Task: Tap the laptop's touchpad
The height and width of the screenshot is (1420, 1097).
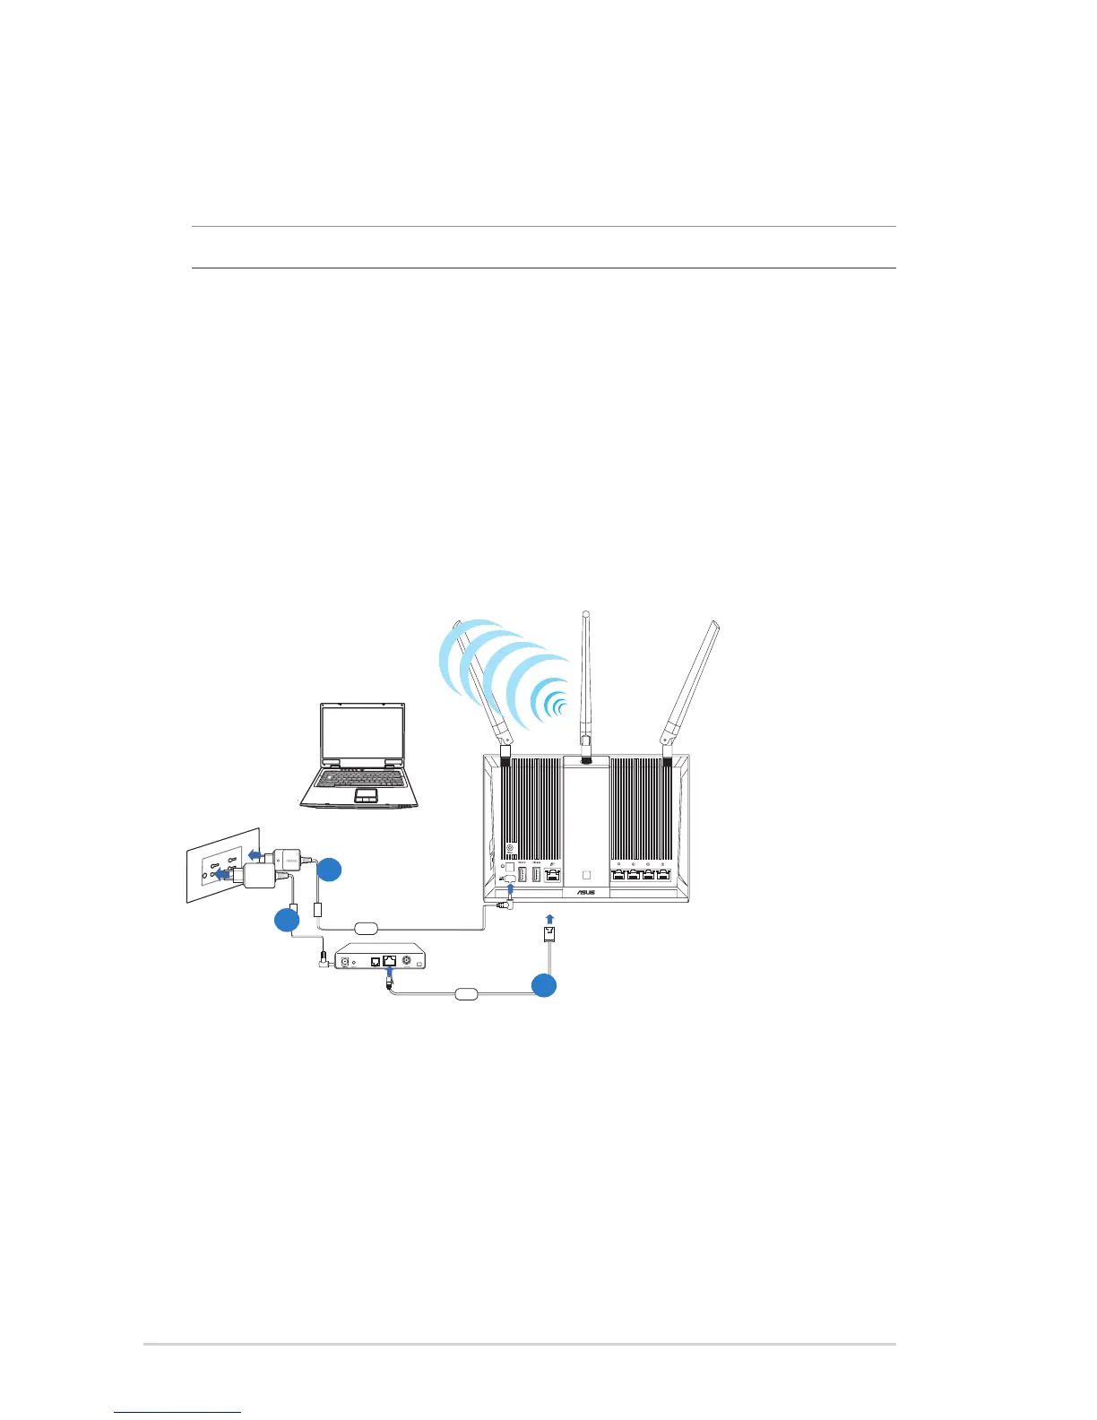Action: coord(364,795)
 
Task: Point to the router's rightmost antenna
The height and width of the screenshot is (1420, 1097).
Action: coord(692,681)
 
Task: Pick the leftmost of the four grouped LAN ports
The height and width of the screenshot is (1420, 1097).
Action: coord(618,874)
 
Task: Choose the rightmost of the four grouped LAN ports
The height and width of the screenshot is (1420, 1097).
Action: coord(663,874)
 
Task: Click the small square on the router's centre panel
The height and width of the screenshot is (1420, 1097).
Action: coord(587,874)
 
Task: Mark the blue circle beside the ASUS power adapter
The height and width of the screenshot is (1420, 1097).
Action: coord(330,869)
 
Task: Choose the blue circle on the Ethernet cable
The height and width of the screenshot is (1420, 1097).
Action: coord(543,985)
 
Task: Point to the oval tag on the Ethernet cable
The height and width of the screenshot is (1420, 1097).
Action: coord(468,993)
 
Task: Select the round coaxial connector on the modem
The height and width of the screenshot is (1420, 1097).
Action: coord(407,961)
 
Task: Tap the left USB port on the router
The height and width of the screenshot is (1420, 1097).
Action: coord(522,874)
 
